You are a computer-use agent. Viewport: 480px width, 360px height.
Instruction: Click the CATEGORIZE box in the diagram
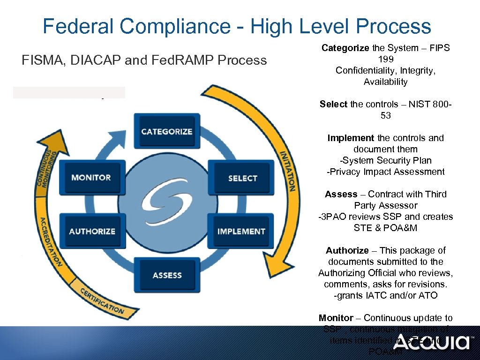point(166,132)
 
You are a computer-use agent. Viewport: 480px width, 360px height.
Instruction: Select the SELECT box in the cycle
point(242,178)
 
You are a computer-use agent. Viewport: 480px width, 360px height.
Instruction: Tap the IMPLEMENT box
point(241,231)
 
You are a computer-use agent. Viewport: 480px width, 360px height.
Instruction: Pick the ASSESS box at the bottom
point(167,275)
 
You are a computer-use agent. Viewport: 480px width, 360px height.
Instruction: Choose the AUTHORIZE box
point(92,231)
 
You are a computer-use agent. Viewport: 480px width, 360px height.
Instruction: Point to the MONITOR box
point(91,178)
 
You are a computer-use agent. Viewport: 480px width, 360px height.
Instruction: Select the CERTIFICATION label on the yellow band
point(102,300)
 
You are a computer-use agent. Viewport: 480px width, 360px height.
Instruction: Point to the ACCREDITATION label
point(51,241)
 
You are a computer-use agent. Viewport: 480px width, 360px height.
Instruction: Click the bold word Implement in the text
point(351,138)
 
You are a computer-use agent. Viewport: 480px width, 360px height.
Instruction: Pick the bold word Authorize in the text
point(347,250)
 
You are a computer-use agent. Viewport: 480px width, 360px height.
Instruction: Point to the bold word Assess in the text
point(341,194)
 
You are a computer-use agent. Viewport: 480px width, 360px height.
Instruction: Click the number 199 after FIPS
point(386,60)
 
